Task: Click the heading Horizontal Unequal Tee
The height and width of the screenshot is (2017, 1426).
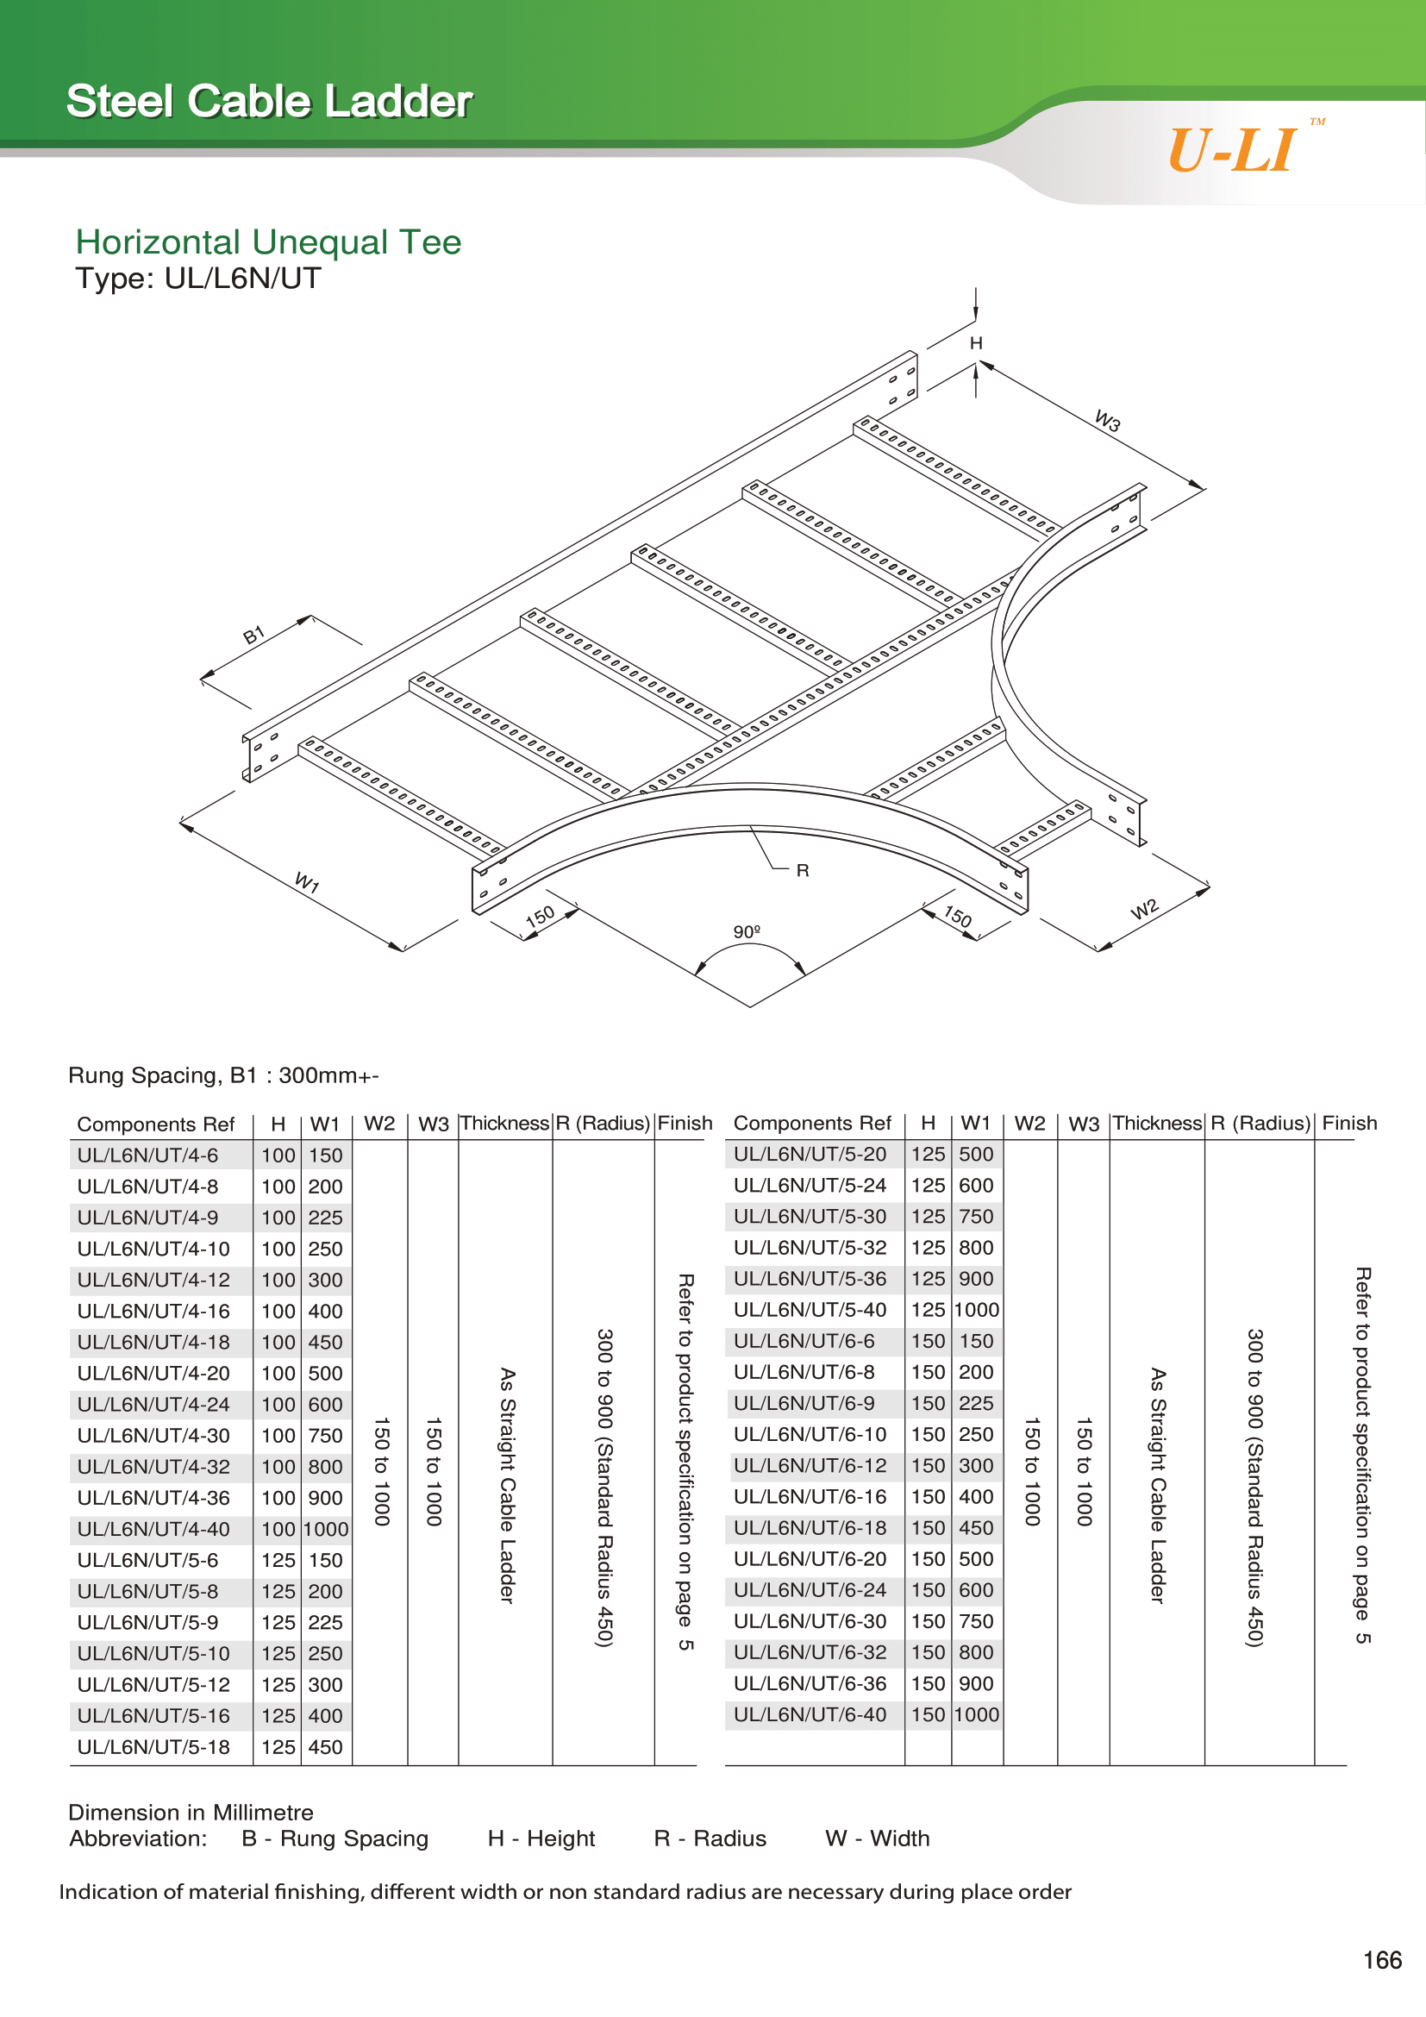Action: [268, 241]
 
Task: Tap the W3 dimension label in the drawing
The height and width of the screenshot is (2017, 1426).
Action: [1108, 421]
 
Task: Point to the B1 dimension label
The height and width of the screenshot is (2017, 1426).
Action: [253, 636]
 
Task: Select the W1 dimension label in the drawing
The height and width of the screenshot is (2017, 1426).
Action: [306, 882]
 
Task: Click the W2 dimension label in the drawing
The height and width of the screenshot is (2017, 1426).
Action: [1145, 908]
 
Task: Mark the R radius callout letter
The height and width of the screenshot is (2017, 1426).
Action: [803, 871]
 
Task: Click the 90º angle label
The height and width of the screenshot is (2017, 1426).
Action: [747, 931]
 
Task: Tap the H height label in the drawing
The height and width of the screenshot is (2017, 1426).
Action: [976, 343]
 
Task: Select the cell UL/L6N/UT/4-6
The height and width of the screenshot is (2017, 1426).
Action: [147, 1156]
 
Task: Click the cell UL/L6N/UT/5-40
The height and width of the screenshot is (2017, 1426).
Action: [810, 1310]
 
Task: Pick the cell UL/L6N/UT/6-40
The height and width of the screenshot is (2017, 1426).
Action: [810, 1714]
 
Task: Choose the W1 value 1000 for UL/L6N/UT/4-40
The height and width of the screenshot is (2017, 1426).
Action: [326, 1529]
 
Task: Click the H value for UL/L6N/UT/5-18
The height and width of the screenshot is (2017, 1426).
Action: [278, 1746]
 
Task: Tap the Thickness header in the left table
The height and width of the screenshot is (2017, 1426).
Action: [505, 1124]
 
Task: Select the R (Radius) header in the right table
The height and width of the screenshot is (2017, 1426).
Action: [1260, 1124]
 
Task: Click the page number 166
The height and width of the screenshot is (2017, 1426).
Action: [1382, 1960]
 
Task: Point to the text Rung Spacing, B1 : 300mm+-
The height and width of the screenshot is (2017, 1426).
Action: [224, 1075]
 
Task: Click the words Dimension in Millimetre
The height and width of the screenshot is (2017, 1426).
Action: [191, 1813]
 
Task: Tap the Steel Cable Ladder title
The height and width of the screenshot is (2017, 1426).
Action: [270, 101]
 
